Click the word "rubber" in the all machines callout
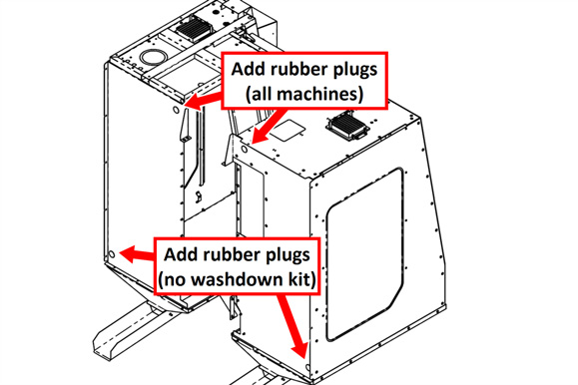(289, 69)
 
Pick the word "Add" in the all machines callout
(246, 69)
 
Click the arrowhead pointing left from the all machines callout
(194, 101)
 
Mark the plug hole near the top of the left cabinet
(176, 110)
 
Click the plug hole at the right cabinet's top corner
(244, 150)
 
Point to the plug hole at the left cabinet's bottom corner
(113, 254)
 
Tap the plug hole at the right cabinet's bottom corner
(307, 367)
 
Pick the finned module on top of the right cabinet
(348, 126)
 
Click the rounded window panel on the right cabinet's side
(364, 254)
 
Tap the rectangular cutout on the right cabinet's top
(289, 131)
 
